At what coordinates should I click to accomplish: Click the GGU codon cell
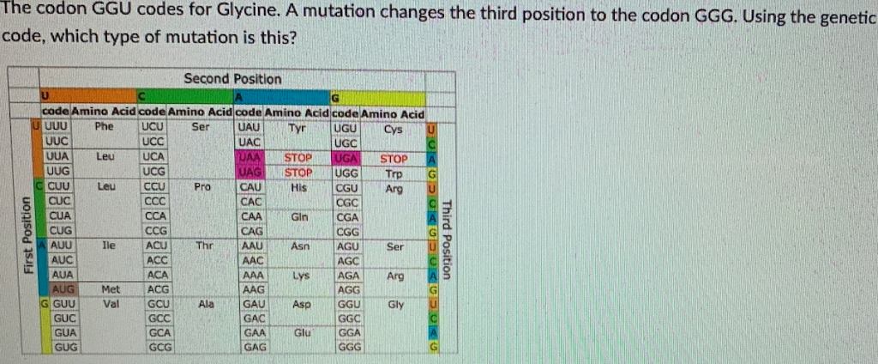349,304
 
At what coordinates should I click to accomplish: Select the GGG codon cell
349,347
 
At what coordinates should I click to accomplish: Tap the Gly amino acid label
395,304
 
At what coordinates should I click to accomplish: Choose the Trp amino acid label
394,173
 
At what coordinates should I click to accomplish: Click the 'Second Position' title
232,79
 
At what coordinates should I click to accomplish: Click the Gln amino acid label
298,217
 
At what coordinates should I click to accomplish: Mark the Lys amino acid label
299,276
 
